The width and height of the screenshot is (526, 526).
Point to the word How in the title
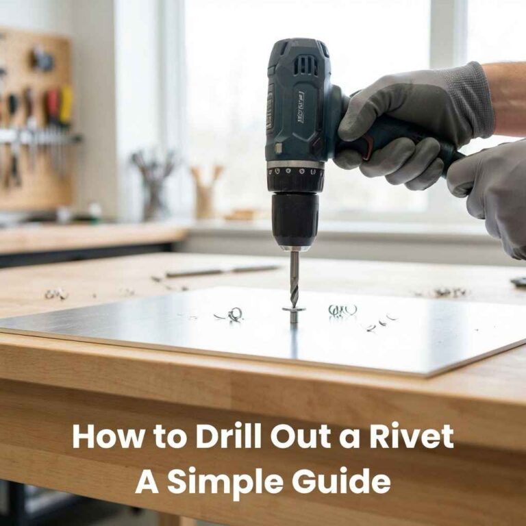pos(103,436)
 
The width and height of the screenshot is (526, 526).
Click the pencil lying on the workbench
pos(222,270)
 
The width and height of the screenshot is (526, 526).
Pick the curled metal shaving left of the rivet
pos(235,314)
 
